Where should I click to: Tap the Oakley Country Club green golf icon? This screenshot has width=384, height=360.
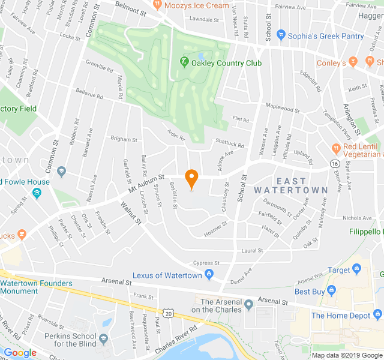pos(184,61)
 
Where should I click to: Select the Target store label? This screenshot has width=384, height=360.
pos(339,271)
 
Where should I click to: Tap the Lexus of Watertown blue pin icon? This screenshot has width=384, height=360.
pos(209,275)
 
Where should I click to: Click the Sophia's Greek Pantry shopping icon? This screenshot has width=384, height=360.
pos(280,36)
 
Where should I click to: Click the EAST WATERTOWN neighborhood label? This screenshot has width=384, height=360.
pos(290,185)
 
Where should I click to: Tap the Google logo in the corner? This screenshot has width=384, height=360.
pos(20,353)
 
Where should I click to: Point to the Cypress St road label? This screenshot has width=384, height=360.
pos(206,263)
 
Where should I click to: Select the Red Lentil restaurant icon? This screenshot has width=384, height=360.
pos(336,148)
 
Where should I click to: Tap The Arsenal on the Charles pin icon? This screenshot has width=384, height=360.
pos(248,306)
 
